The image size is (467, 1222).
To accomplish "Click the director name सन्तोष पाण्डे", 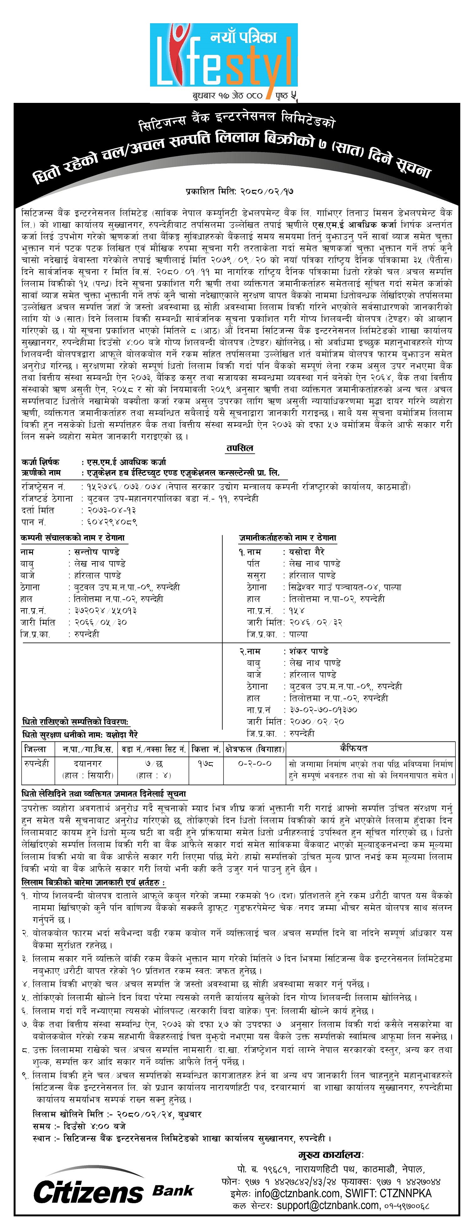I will [x=94, y=552].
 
